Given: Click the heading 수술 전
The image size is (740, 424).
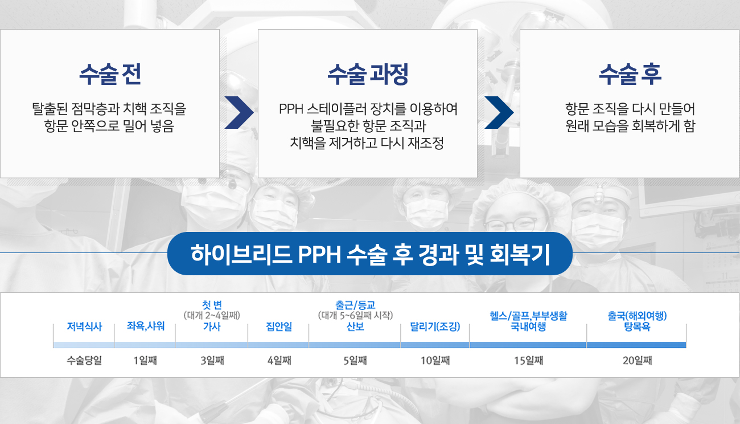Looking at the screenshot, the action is pyautogui.click(x=110, y=74).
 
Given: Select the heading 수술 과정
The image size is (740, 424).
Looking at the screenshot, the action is pyautogui.click(x=368, y=74).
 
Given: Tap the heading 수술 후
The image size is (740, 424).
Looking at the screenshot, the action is pyautogui.click(x=630, y=74).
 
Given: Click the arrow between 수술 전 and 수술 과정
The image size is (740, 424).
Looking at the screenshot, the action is pyautogui.click(x=239, y=112).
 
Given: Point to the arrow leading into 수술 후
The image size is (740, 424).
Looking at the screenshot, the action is pyautogui.click(x=499, y=112).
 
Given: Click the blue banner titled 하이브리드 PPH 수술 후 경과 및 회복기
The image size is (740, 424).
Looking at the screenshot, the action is pyautogui.click(x=369, y=254).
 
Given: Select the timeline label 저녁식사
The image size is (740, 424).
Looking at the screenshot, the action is pyautogui.click(x=84, y=327).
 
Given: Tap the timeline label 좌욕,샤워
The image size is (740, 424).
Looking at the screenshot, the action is pyautogui.click(x=146, y=326).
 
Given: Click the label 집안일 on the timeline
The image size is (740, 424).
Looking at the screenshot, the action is pyautogui.click(x=279, y=327).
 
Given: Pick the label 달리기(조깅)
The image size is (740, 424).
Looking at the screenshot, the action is pyautogui.click(x=435, y=327).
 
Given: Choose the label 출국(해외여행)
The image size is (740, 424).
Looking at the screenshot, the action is pyautogui.click(x=637, y=316).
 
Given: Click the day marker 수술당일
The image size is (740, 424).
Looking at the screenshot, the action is pyautogui.click(x=84, y=360).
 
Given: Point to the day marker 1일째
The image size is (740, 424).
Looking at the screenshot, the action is pyautogui.click(x=145, y=360).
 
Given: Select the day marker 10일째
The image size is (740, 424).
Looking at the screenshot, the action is pyautogui.click(x=435, y=360).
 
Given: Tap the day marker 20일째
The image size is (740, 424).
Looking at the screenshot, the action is pyautogui.click(x=638, y=360).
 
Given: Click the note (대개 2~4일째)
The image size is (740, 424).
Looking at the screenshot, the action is pyautogui.click(x=212, y=315).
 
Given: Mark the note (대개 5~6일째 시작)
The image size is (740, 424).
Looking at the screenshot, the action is pyautogui.click(x=355, y=315).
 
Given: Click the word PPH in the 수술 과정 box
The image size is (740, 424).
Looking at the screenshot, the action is pyautogui.click(x=291, y=109).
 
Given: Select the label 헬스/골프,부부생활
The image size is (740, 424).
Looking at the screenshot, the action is pyautogui.click(x=528, y=316).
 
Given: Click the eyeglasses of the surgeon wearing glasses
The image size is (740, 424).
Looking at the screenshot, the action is pyautogui.click(x=512, y=223).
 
